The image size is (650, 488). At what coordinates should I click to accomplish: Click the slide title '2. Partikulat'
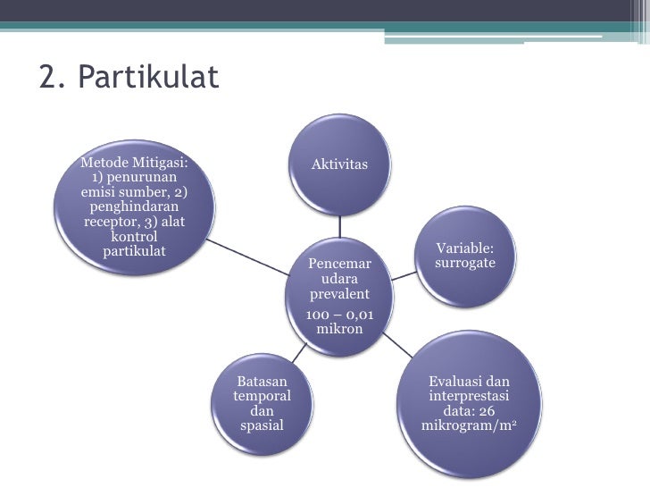click(x=129, y=79)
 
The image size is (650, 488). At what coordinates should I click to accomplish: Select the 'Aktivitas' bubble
click(x=339, y=164)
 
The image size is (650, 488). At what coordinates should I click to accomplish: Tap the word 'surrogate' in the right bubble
click(x=465, y=264)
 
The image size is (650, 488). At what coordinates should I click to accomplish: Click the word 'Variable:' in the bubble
click(x=464, y=248)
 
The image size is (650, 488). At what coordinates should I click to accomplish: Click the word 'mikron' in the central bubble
click(x=339, y=329)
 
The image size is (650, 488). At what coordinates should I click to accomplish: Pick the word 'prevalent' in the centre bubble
click(x=339, y=295)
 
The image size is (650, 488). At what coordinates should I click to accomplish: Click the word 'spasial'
click(x=262, y=425)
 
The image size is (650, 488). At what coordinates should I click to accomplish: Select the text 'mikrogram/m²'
click(x=469, y=425)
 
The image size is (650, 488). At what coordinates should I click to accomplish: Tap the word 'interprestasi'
click(x=469, y=396)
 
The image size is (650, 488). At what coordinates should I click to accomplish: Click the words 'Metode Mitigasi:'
click(x=134, y=163)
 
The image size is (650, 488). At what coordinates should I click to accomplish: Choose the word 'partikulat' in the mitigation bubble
click(x=134, y=249)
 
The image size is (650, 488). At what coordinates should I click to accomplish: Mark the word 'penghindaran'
click(x=134, y=206)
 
